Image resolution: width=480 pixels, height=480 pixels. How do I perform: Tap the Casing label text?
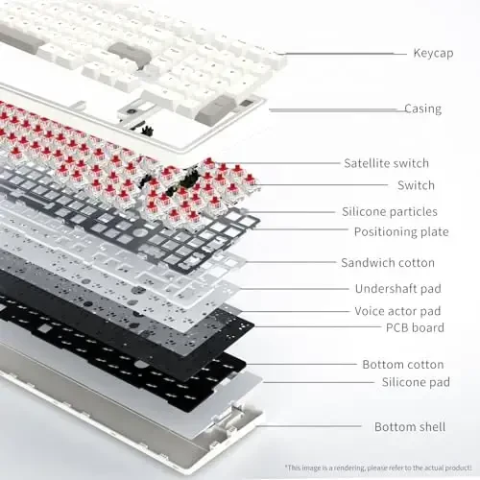coord(422,108)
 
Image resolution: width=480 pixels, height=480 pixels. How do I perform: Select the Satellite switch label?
coord(386,163)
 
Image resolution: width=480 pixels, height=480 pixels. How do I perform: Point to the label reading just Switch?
coord(416,185)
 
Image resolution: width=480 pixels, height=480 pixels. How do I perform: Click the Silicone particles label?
coord(389,211)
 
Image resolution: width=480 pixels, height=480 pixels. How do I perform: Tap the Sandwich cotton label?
coord(387,262)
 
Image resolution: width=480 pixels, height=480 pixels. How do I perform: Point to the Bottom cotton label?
coord(402,364)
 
